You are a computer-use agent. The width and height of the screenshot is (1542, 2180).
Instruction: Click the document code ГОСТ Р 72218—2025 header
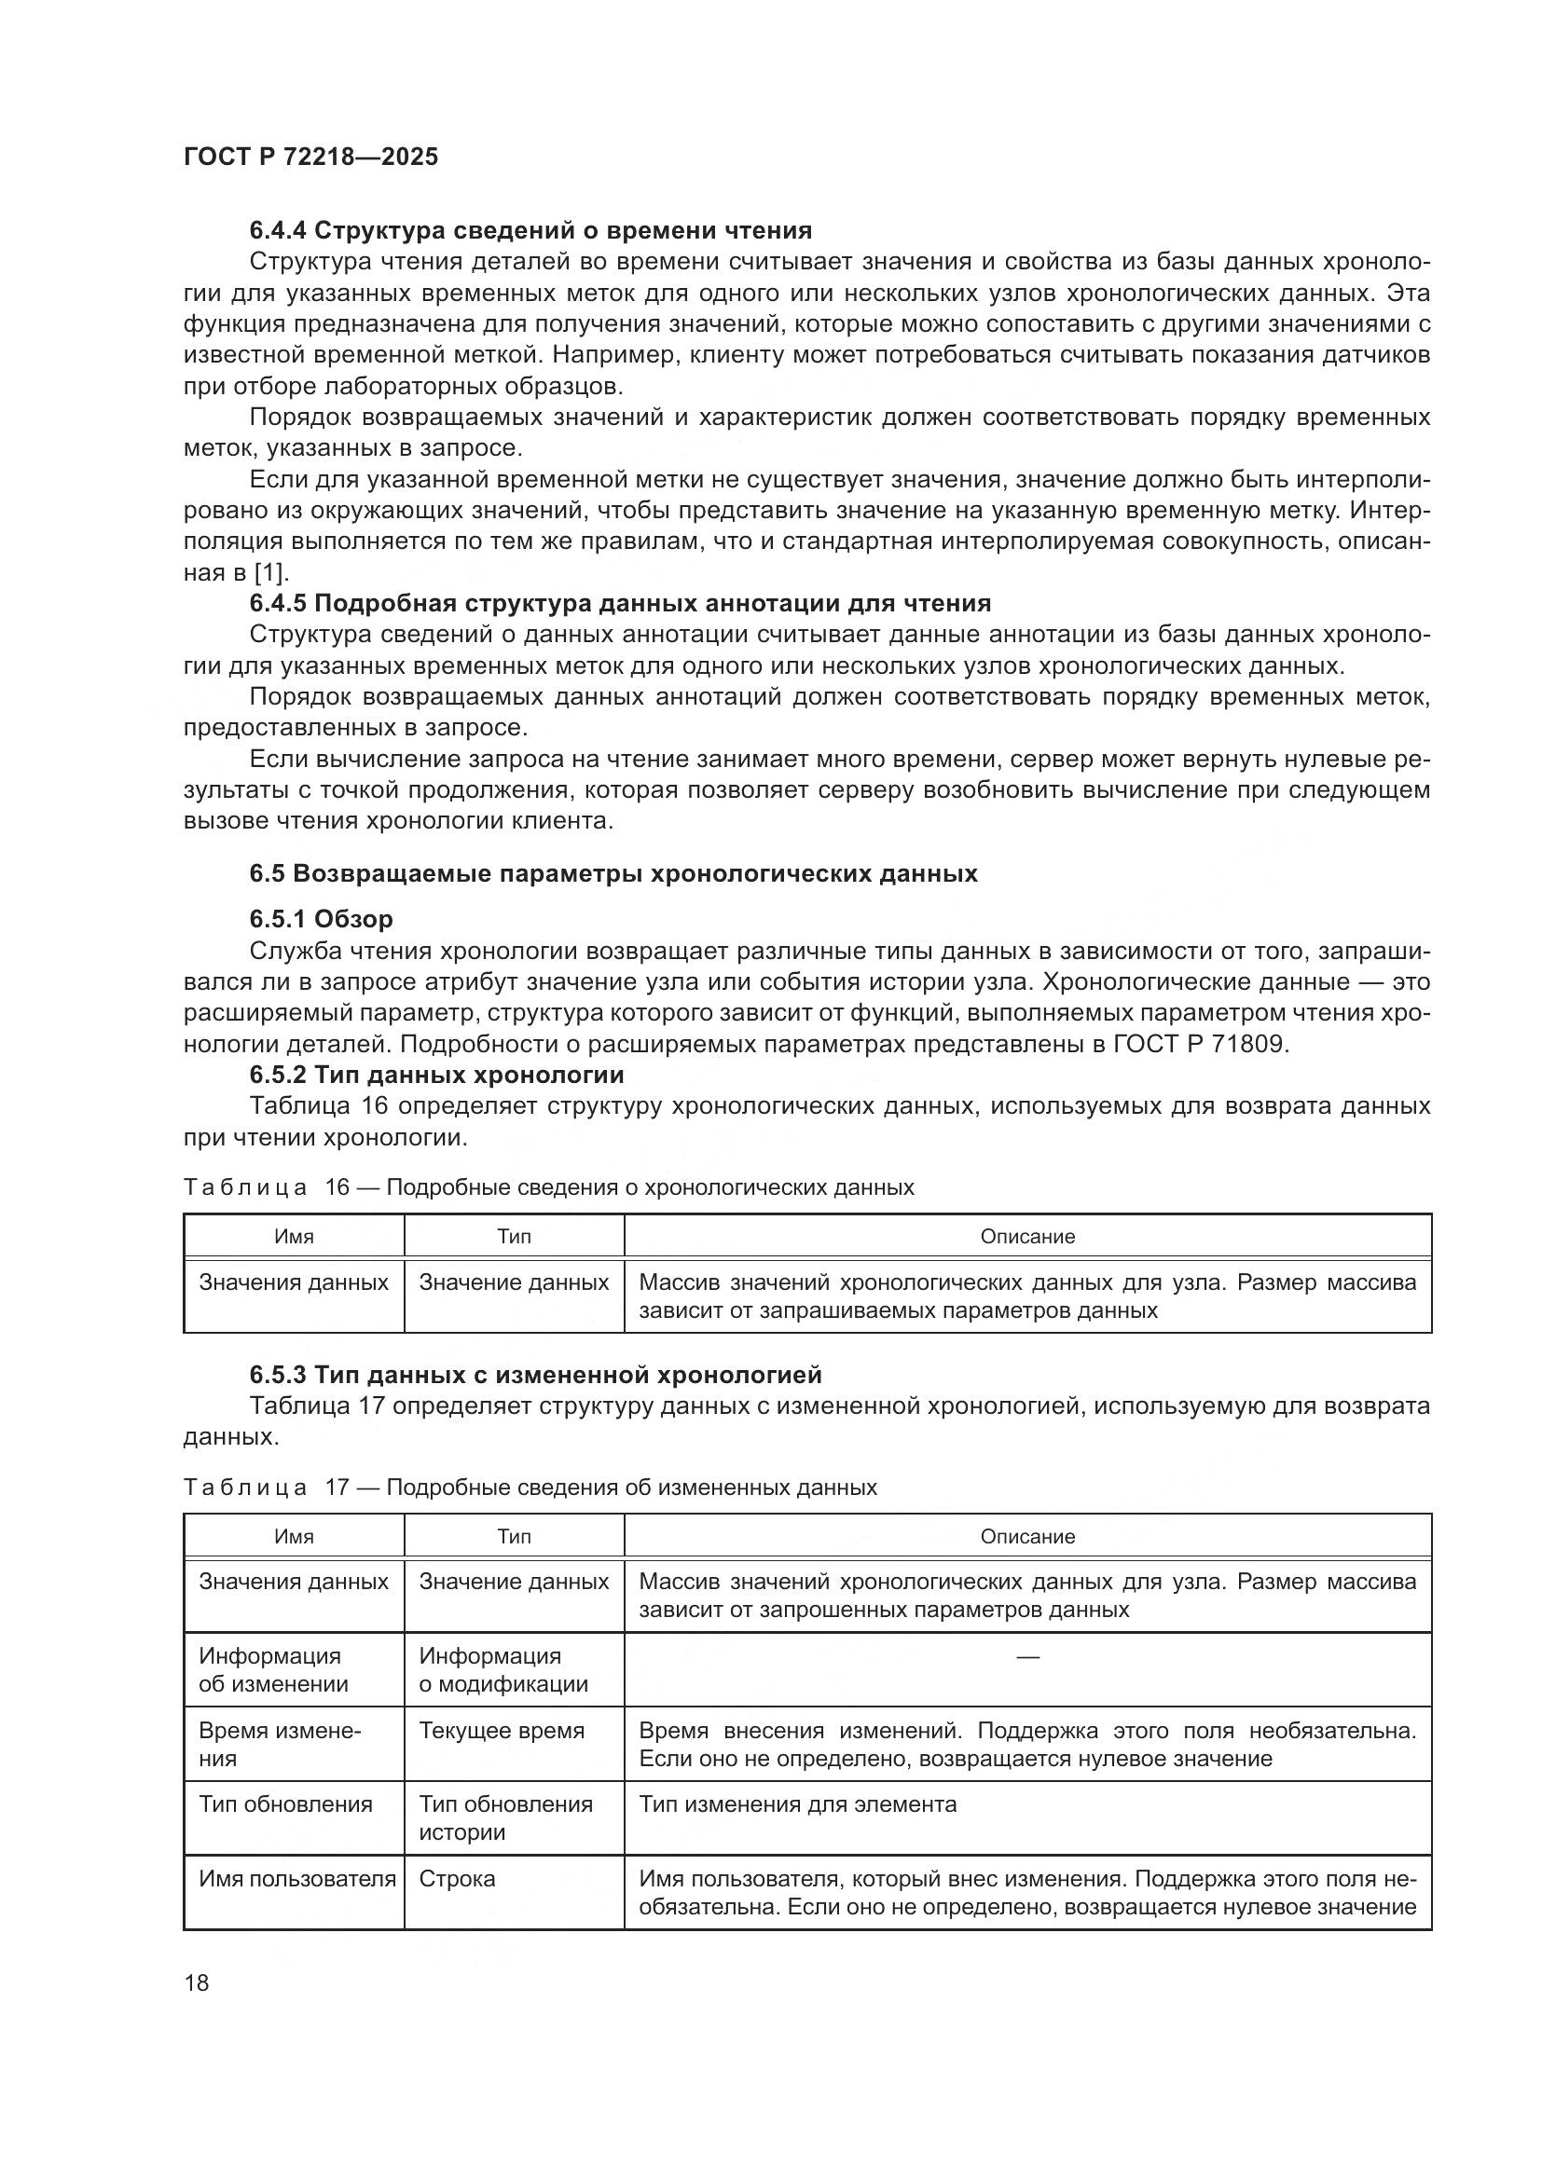[x=310, y=158]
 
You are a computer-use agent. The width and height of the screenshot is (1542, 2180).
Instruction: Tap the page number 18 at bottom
[x=197, y=1982]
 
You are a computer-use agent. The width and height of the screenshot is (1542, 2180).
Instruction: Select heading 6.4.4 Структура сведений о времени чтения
[x=530, y=231]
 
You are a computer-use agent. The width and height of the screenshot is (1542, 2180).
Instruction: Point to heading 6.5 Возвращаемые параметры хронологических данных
[x=613, y=873]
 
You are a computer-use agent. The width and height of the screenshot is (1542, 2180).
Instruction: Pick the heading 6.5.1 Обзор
[x=321, y=919]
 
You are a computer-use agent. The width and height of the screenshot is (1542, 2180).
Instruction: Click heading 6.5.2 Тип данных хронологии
[x=436, y=1075]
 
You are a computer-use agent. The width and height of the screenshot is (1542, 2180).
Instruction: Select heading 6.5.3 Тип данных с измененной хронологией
[x=534, y=1374]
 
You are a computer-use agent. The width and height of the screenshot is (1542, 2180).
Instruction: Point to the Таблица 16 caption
[x=548, y=1186]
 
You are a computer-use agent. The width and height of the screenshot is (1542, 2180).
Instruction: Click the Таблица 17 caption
[x=529, y=1487]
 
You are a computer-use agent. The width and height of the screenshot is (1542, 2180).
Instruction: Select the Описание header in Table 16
[x=1026, y=1236]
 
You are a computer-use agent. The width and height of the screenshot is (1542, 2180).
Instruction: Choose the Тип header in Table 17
[x=514, y=1536]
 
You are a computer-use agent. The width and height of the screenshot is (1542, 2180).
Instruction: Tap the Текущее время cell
[x=502, y=1730]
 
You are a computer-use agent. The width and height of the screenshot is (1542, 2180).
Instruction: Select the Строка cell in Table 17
[x=457, y=1878]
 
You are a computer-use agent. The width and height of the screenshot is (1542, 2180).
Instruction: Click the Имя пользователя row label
[x=296, y=1878]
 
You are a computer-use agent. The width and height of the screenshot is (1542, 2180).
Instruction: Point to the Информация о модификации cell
[x=503, y=1669]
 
